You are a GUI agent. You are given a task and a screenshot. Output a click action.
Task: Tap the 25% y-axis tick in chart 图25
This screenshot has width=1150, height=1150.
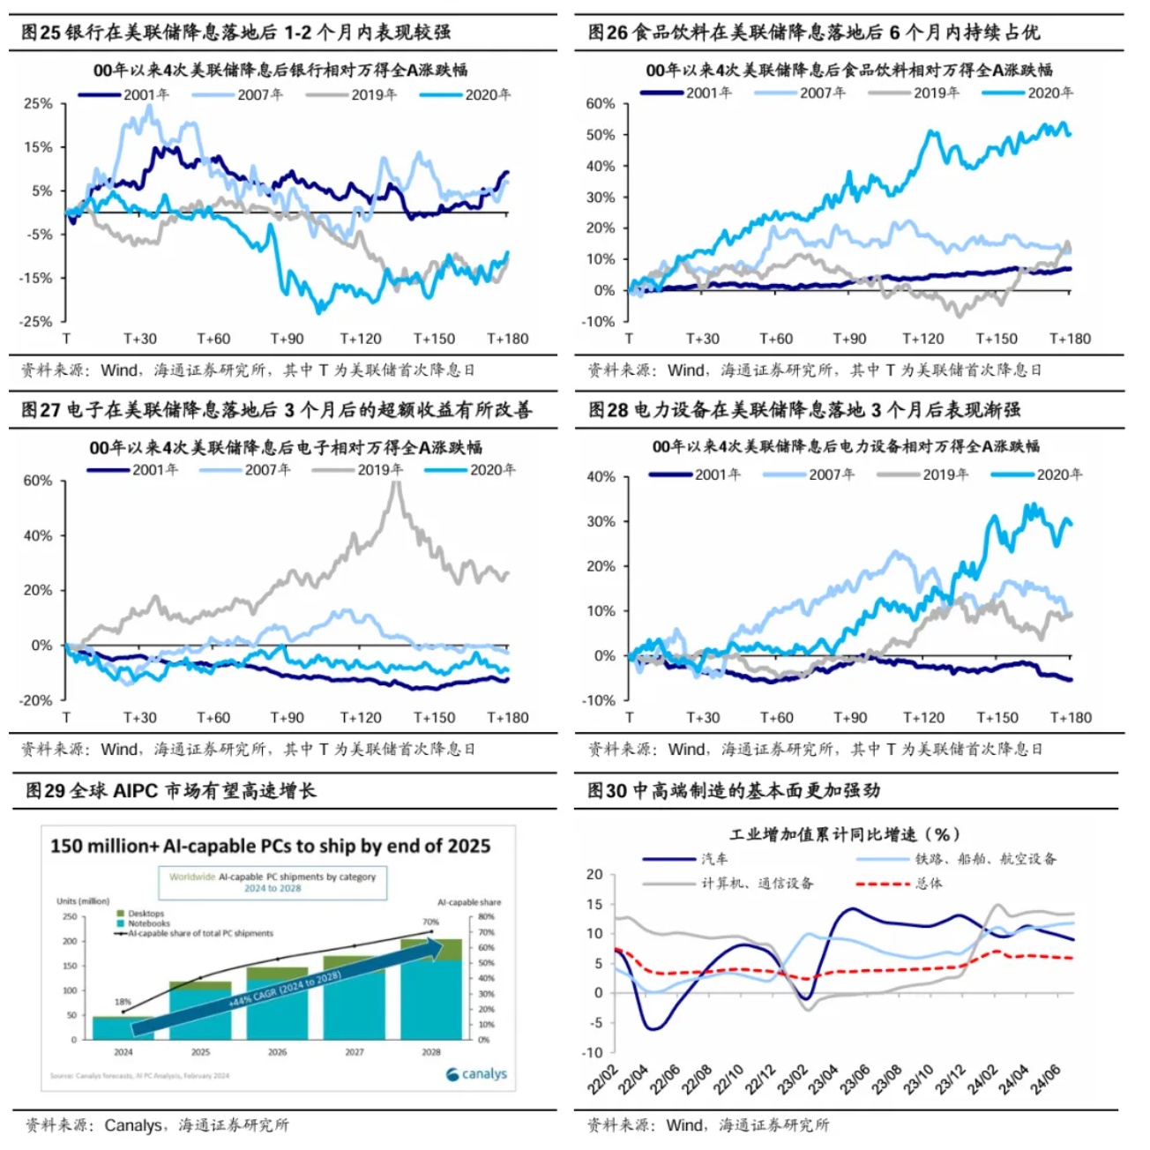coord(38,103)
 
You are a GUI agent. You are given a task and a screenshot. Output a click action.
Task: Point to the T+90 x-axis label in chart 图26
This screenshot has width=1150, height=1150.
coord(849,339)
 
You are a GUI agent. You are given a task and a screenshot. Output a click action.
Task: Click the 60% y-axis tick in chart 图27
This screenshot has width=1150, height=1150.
coord(38,481)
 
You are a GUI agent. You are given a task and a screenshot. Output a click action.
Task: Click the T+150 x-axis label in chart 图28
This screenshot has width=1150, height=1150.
coord(997,717)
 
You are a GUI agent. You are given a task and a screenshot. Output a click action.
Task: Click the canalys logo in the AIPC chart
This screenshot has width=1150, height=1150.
coord(477,1073)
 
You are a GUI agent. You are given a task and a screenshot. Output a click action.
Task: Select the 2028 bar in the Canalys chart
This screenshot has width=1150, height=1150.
coord(430,989)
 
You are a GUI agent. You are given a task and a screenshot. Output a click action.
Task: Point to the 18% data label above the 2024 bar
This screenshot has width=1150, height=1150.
coord(123,1002)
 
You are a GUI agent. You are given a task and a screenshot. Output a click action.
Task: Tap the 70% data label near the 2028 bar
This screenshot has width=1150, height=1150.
coord(430,922)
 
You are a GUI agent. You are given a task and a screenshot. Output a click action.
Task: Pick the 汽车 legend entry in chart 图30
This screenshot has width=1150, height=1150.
coord(713,858)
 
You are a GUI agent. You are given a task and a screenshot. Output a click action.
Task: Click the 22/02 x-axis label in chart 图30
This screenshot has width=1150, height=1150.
coord(604,1079)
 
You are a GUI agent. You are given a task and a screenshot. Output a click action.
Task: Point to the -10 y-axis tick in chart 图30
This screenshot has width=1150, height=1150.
coord(592,1052)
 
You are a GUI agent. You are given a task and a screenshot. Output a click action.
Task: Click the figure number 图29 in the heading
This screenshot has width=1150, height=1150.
coord(45,790)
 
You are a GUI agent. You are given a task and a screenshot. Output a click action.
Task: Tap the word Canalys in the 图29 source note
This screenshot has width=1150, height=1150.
coord(132,1125)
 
